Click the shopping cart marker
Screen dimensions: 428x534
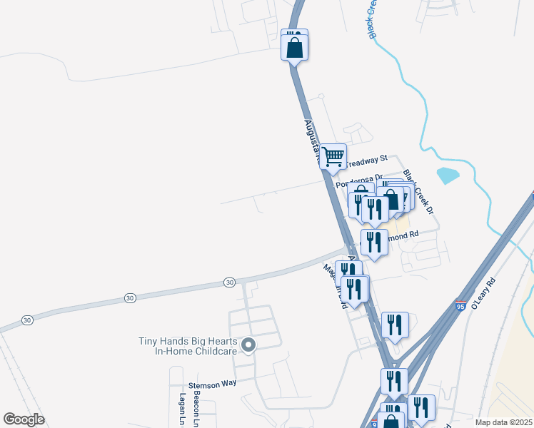333,156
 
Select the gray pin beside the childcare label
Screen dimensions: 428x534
248,346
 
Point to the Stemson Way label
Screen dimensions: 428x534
212,383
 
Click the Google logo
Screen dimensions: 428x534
24,419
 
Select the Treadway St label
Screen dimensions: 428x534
368,159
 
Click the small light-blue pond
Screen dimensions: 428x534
447,175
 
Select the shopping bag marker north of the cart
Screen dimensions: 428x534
294,47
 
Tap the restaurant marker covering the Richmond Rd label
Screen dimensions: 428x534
374,242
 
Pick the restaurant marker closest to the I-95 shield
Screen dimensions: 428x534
395,325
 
